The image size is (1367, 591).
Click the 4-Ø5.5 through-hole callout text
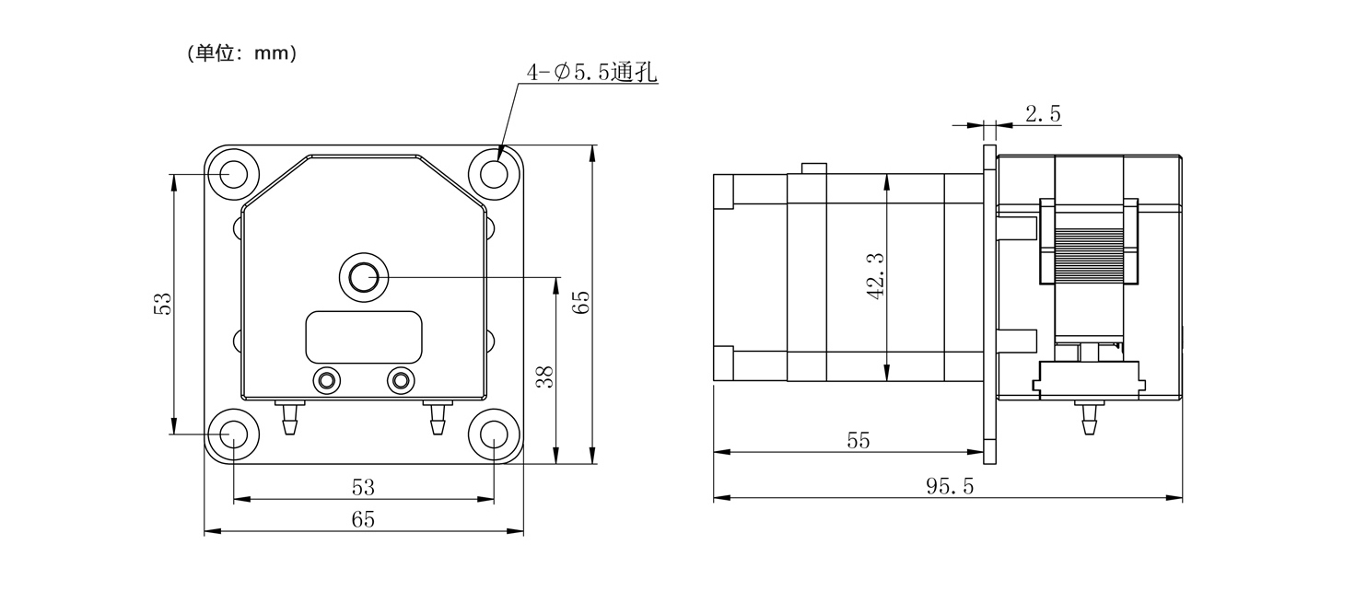click(x=591, y=74)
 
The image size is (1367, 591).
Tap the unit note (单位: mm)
click(x=242, y=53)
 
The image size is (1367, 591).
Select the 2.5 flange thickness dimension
click(x=1043, y=114)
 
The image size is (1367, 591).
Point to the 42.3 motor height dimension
click(x=876, y=276)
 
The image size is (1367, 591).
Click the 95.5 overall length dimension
click(x=950, y=486)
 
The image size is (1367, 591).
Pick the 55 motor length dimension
click(x=858, y=440)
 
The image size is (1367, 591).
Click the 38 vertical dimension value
click(x=545, y=377)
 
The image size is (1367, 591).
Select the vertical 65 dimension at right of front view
click(x=581, y=303)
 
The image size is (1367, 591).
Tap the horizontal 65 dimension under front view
click(x=363, y=519)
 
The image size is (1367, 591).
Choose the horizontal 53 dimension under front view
click(x=363, y=487)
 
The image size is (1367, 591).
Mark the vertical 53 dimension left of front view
click(x=163, y=304)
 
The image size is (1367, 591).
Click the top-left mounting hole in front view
click(x=233, y=174)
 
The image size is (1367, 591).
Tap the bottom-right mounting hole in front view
click(x=494, y=435)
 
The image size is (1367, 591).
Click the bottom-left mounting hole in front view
click(x=233, y=435)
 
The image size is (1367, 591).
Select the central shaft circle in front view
click(x=364, y=278)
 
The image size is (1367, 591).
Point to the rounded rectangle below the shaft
click(x=364, y=337)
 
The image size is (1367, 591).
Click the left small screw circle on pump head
click(x=326, y=380)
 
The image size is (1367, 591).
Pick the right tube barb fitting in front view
click(x=437, y=418)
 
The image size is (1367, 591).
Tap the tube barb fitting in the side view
click(x=1088, y=418)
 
